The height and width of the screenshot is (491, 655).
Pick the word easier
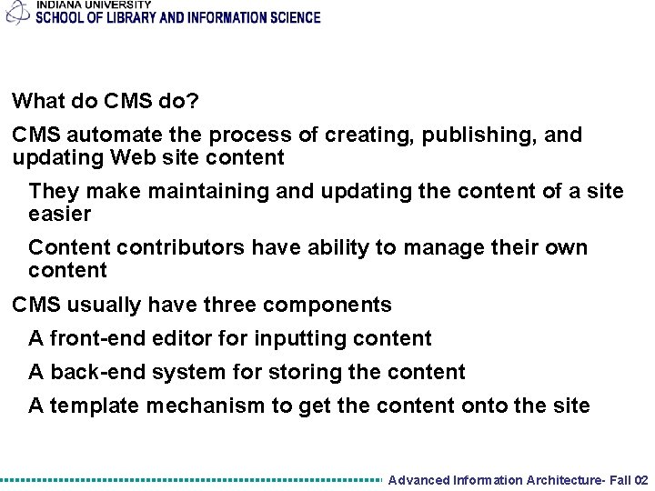(60, 215)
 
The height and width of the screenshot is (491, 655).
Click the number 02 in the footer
(640, 480)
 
